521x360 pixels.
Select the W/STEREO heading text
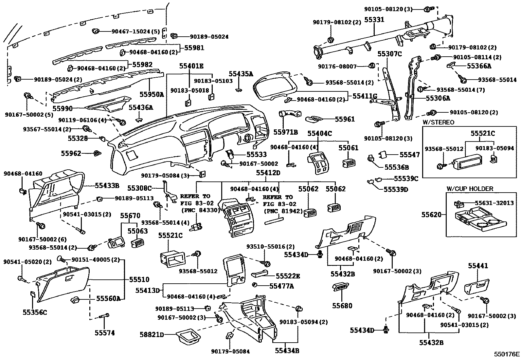point(438,123)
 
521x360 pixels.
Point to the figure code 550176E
point(507,354)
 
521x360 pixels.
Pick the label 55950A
point(152,95)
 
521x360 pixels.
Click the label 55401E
point(191,66)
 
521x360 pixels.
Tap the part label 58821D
point(151,334)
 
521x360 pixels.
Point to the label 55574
point(105,333)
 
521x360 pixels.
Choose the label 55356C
point(35,312)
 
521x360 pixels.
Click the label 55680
point(342,306)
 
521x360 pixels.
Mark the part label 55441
point(477,266)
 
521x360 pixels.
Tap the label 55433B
point(107,186)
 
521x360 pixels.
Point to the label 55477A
point(281,286)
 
